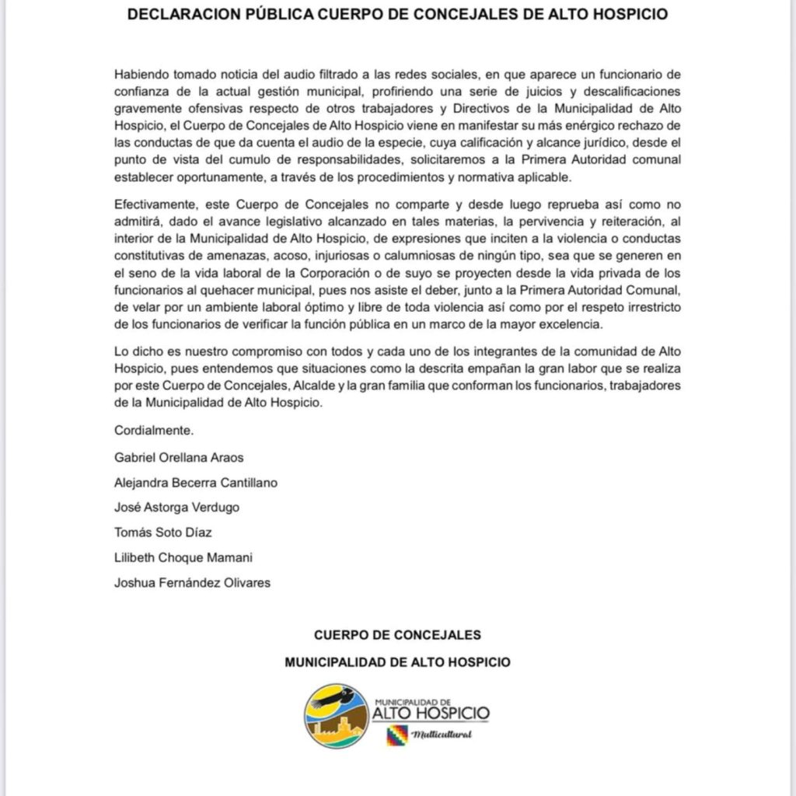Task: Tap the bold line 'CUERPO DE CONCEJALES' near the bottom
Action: coord(397,634)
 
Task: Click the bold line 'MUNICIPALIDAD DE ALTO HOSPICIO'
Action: coord(397,662)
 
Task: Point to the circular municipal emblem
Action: coord(336,715)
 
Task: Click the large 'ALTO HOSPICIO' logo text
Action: coord(431,712)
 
